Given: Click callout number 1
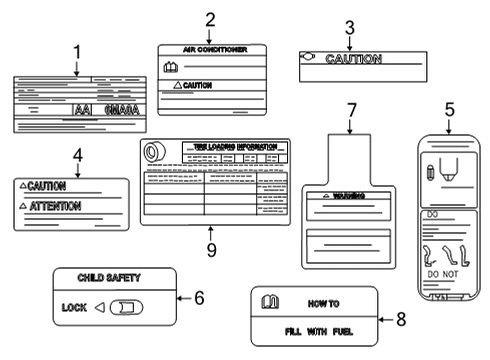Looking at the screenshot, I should [x=77, y=51].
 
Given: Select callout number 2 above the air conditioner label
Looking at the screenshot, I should [x=209, y=19].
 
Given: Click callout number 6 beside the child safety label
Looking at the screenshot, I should [x=198, y=297].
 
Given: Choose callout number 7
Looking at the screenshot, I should [x=350, y=109].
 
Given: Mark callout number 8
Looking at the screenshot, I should [x=400, y=321].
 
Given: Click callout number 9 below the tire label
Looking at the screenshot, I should [x=211, y=249].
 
